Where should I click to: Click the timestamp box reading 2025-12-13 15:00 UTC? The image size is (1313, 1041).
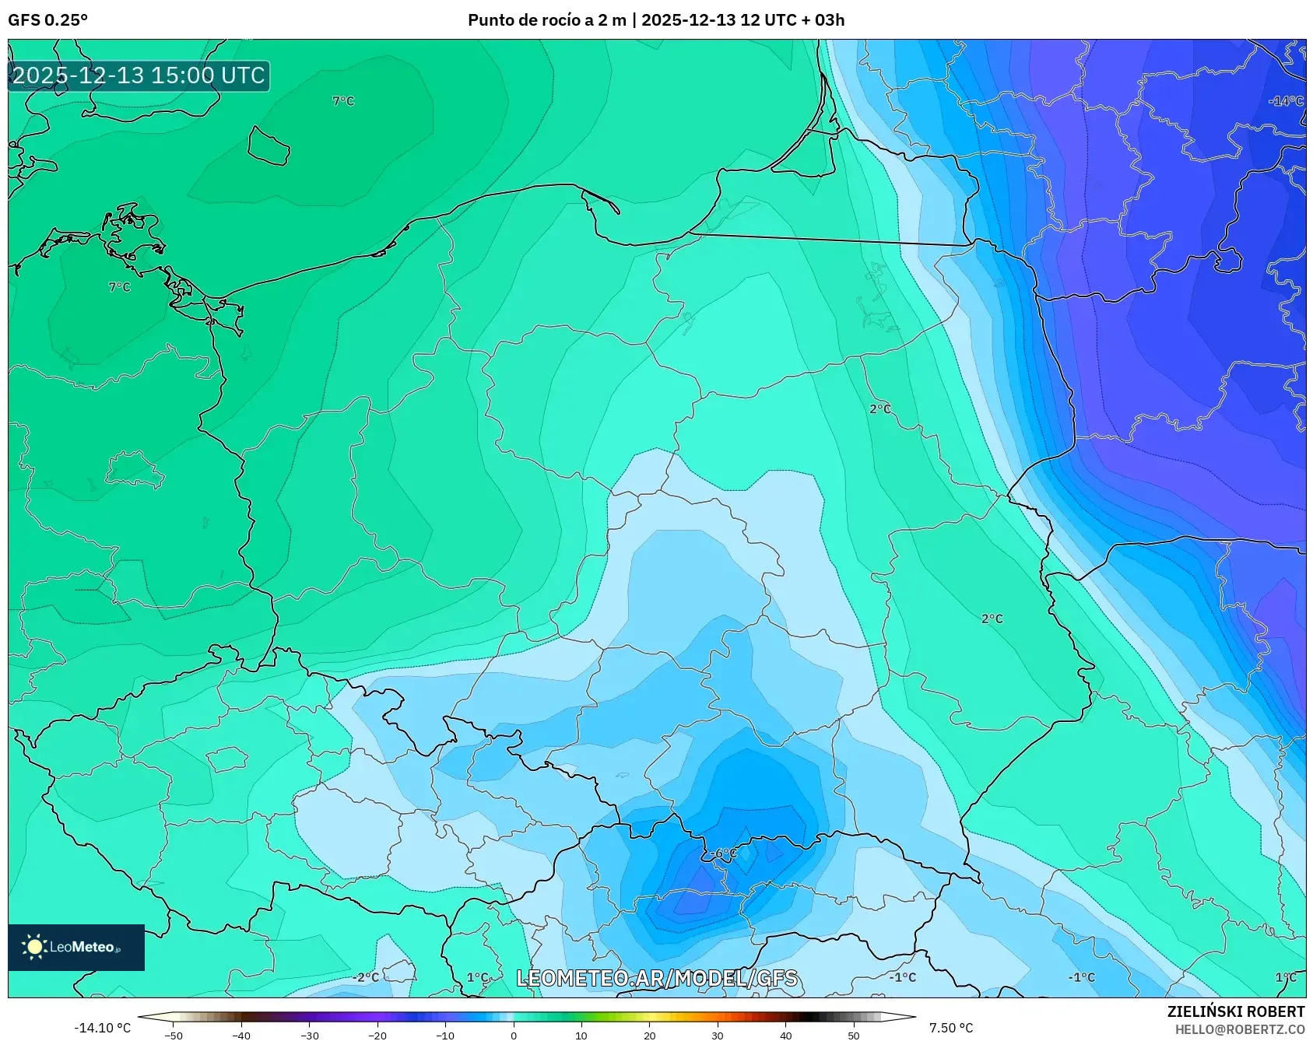[x=139, y=75]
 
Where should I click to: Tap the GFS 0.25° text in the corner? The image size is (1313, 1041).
[x=47, y=20]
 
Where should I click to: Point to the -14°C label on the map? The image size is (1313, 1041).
[x=1285, y=101]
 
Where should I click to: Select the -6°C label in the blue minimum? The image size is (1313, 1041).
[x=724, y=853]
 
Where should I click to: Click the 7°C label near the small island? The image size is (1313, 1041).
[x=343, y=101]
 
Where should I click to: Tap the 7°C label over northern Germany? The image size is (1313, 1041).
[x=119, y=287]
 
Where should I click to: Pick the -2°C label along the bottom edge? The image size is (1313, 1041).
[x=366, y=977]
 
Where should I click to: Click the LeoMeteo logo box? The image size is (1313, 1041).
[x=76, y=947]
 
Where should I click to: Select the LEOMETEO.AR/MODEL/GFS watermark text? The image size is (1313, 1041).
[x=657, y=978]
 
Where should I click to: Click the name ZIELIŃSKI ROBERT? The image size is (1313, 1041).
[x=1235, y=1011]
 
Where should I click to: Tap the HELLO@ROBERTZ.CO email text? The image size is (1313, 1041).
[x=1239, y=1029]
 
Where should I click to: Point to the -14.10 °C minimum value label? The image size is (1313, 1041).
[x=102, y=1028]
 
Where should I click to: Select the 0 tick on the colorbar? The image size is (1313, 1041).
[x=513, y=1036]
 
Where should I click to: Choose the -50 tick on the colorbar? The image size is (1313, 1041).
[x=174, y=1036]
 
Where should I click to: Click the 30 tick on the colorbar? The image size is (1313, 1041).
[x=717, y=1036]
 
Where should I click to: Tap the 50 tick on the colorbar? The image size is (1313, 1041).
[x=853, y=1036]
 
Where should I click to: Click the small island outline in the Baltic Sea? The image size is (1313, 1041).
[x=269, y=145]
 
